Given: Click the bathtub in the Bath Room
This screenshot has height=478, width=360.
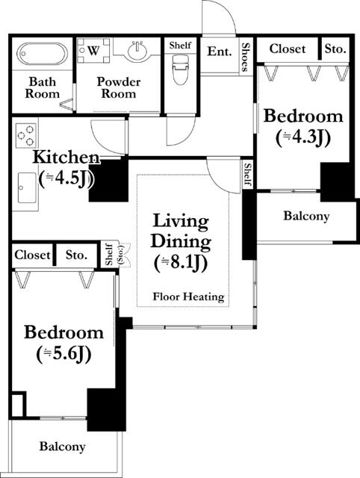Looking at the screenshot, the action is point(42,54).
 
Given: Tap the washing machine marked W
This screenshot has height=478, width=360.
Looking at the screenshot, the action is point(93,50).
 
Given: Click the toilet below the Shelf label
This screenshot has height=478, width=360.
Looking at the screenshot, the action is point(180,69).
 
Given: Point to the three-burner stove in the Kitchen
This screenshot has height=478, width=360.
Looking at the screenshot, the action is point(25,135).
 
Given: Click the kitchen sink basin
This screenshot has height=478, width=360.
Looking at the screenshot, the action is point(27,187).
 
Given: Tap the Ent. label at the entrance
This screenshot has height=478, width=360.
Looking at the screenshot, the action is point(219,52).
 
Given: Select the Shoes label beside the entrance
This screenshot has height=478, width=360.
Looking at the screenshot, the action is point(246,57).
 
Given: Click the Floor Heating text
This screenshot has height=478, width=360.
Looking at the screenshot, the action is point(188,297).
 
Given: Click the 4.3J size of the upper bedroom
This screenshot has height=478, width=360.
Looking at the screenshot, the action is point(303,138).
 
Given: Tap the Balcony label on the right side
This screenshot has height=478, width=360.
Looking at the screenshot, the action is point(306,216).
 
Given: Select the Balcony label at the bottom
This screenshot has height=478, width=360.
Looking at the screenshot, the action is point(62,447).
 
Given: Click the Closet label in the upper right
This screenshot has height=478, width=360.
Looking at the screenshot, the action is point(287,49).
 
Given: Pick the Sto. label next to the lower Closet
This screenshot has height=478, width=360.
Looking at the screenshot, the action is point(76,255).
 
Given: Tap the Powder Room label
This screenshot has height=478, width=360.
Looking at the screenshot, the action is point(119,87).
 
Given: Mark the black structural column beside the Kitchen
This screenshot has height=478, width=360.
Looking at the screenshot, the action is point(109,180).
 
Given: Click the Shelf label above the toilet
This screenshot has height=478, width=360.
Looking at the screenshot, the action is point(180,46).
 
